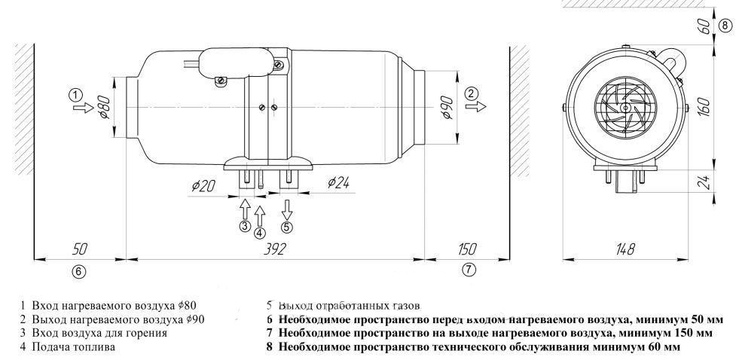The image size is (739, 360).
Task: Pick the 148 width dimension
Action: coord(624,249)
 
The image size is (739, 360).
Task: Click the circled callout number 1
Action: coord(75,95)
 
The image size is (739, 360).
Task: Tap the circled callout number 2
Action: coord(472,93)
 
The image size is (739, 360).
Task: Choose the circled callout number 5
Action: coord(286,227)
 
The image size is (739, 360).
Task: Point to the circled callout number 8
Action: coord(725,26)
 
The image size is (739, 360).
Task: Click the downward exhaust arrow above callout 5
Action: coord(286,209)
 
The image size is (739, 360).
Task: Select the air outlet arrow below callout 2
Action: coord(472,108)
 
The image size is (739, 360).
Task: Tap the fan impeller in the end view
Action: coord(623,108)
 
